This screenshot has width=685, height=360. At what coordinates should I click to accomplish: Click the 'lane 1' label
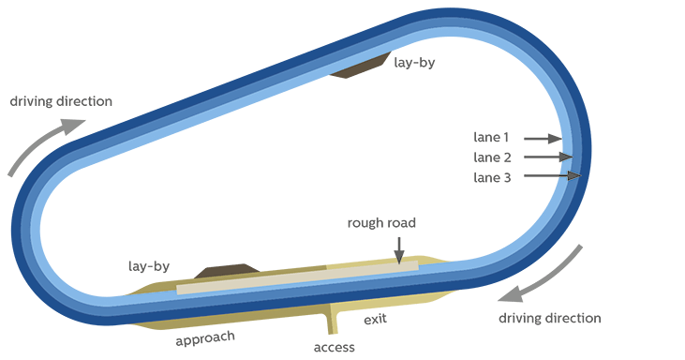click(492, 138)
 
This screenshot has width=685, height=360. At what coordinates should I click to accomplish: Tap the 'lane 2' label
click(492, 157)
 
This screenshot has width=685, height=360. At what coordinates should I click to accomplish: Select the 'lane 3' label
click(492, 175)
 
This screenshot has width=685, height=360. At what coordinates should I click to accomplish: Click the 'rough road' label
click(381, 223)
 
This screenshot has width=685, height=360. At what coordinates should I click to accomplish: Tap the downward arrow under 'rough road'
click(400, 249)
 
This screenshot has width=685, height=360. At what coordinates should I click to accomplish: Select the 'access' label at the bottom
click(334, 347)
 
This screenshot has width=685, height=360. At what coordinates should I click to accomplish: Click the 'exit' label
click(375, 320)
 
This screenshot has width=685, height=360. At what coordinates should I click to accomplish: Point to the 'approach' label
click(205, 337)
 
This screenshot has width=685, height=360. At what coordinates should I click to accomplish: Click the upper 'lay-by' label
click(414, 63)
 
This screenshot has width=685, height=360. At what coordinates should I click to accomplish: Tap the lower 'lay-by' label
click(148, 266)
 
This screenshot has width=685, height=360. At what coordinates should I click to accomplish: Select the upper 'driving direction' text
click(61, 100)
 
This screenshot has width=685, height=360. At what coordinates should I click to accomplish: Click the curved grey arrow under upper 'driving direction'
click(34, 147)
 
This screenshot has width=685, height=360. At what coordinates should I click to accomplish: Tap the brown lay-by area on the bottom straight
click(221, 272)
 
